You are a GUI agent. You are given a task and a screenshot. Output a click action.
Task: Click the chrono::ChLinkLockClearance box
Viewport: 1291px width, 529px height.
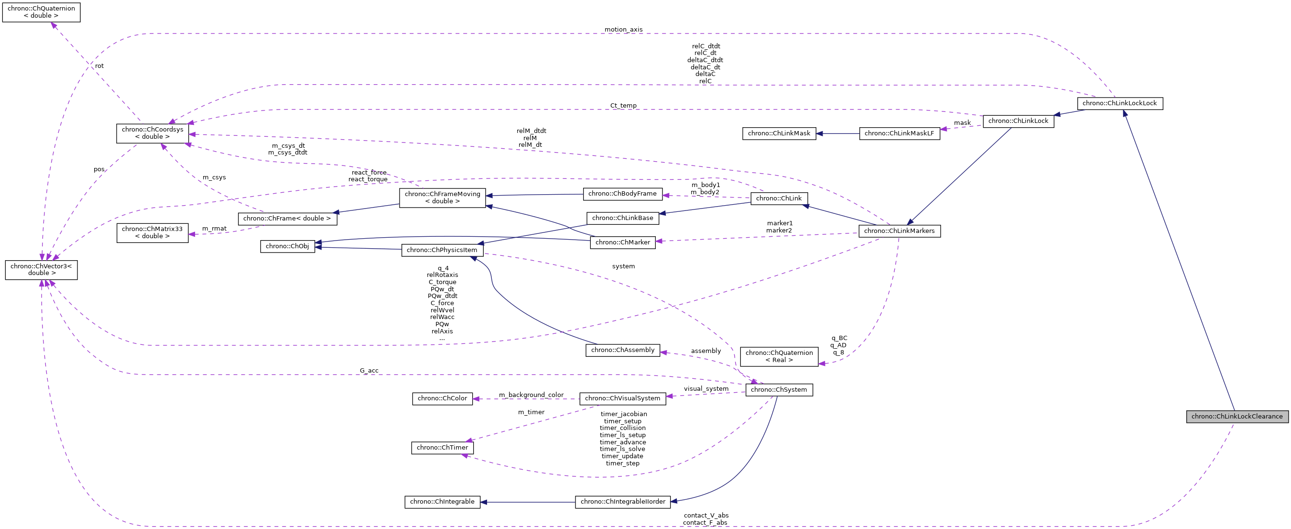point(1237,416)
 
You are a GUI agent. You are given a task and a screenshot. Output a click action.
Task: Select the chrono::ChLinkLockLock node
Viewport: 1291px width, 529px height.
point(1119,103)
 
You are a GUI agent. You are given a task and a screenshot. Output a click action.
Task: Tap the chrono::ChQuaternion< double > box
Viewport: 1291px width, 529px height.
point(41,12)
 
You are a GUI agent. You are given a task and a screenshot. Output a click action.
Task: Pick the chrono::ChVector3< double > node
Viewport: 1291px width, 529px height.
point(41,270)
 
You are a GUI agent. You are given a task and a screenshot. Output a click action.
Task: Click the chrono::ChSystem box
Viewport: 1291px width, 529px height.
point(778,390)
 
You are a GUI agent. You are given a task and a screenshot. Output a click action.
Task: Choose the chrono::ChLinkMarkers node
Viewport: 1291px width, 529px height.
point(899,231)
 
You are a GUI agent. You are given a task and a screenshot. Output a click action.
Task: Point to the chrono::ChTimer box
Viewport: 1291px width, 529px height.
point(442,448)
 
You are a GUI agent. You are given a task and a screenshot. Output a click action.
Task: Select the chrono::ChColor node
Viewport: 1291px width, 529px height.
point(442,398)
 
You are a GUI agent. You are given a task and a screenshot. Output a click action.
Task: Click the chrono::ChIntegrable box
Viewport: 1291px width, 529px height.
point(442,502)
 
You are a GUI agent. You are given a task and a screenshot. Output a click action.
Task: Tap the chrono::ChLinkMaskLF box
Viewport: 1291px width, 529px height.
point(899,133)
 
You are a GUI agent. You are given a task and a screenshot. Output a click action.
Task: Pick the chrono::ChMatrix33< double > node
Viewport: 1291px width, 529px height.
point(152,232)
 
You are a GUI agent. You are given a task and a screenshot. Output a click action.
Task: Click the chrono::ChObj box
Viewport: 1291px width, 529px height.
point(287,246)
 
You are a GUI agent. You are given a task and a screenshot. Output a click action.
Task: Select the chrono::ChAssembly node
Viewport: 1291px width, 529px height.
point(622,350)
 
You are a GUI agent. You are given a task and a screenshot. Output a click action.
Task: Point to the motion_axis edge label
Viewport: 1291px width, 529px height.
point(623,30)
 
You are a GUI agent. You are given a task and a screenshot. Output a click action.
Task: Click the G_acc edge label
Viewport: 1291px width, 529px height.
point(369,371)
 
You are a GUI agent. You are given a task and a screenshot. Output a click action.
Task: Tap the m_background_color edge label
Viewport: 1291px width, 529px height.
point(531,395)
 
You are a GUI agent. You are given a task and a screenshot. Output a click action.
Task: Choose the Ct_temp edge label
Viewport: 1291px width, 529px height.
point(623,106)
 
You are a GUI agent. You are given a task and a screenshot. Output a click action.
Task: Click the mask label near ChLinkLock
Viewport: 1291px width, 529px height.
point(962,123)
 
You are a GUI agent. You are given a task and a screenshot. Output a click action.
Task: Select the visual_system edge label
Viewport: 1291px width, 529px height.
point(705,388)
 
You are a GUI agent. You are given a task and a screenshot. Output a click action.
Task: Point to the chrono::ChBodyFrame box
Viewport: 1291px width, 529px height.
point(622,194)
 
